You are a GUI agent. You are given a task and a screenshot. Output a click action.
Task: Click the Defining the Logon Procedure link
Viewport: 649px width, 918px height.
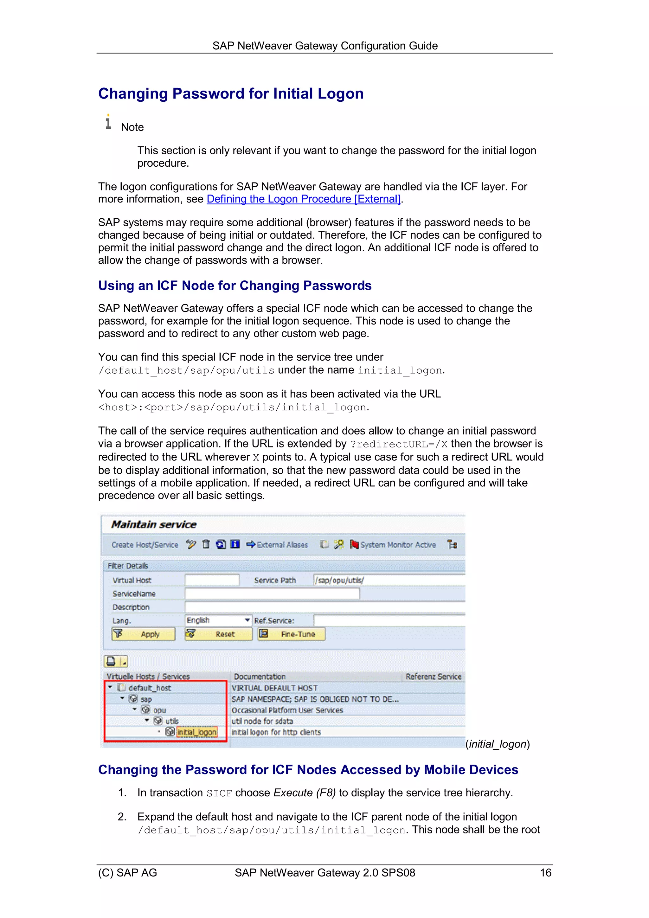click(x=303, y=199)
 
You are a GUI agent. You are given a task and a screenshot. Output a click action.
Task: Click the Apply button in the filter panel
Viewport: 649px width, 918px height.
click(x=143, y=634)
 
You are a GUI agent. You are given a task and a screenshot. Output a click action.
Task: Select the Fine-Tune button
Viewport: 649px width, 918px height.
click(x=291, y=634)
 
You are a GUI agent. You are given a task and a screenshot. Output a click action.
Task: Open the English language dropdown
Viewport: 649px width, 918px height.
click(x=247, y=620)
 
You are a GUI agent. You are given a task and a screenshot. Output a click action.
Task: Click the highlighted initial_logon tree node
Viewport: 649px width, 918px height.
click(x=197, y=732)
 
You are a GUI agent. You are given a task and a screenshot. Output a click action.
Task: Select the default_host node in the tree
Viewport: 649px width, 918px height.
click(x=150, y=688)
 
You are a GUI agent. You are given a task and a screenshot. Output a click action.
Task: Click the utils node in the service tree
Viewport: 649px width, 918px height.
click(x=172, y=721)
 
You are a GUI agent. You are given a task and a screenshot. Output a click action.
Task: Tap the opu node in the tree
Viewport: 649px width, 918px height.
click(x=159, y=710)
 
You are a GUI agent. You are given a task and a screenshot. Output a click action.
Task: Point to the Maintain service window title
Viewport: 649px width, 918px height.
click(x=154, y=524)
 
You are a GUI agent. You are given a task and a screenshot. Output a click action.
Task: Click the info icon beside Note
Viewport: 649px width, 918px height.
click(x=108, y=122)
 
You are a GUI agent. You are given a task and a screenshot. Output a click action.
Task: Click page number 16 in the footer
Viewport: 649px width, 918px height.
click(x=545, y=872)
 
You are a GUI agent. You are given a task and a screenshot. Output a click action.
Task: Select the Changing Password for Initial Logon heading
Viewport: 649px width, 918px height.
click(x=231, y=93)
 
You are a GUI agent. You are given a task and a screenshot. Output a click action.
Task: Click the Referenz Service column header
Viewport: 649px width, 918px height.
click(x=433, y=677)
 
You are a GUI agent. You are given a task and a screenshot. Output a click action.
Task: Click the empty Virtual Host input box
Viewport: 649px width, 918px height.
click(x=212, y=580)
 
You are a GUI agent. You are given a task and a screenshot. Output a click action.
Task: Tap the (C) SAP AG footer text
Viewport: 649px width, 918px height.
click(x=128, y=872)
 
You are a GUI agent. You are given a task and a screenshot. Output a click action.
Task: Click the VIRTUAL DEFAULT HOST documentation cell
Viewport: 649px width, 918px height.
click(x=274, y=688)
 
